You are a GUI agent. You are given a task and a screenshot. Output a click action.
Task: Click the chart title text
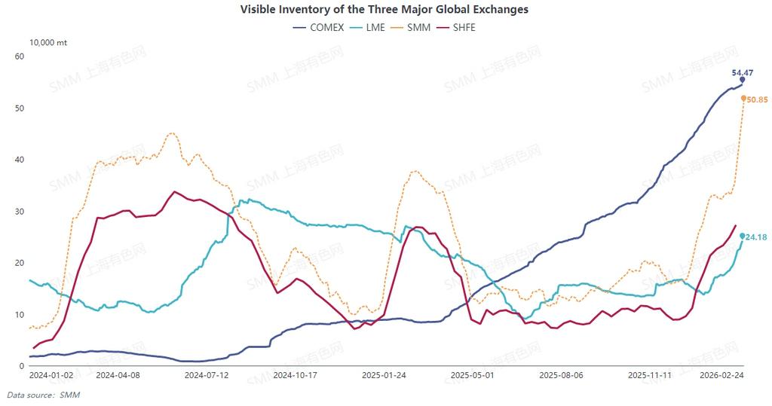(x=384, y=10)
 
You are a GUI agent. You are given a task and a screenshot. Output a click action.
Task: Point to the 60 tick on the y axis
(x=20, y=56)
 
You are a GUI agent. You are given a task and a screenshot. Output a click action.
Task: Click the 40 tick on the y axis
(x=20, y=160)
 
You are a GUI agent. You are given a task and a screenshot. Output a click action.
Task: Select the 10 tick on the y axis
(x=20, y=314)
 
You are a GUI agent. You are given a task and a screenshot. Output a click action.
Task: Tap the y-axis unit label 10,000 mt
(x=48, y=43)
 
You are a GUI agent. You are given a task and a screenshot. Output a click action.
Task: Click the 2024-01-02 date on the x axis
(x=51, y=374)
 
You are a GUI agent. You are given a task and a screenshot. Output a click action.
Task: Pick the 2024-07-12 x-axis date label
(x=207, y=374)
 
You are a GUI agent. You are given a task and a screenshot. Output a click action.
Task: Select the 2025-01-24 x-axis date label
(x=384, y=374)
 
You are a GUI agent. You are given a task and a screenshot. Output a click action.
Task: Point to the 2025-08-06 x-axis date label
(x=562, y=374)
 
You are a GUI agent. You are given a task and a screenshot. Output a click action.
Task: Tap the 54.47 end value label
(x=743, y=72)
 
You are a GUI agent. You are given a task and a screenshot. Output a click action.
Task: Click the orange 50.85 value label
(x=756, y=99)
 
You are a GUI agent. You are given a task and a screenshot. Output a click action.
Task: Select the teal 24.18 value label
(x=756, y=237)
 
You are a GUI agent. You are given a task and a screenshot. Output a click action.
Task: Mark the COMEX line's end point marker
(x=742, y=80)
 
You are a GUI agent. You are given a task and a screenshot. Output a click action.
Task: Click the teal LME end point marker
(x=742, y=236)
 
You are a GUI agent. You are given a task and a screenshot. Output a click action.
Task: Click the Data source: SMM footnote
(x=44, y=395)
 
